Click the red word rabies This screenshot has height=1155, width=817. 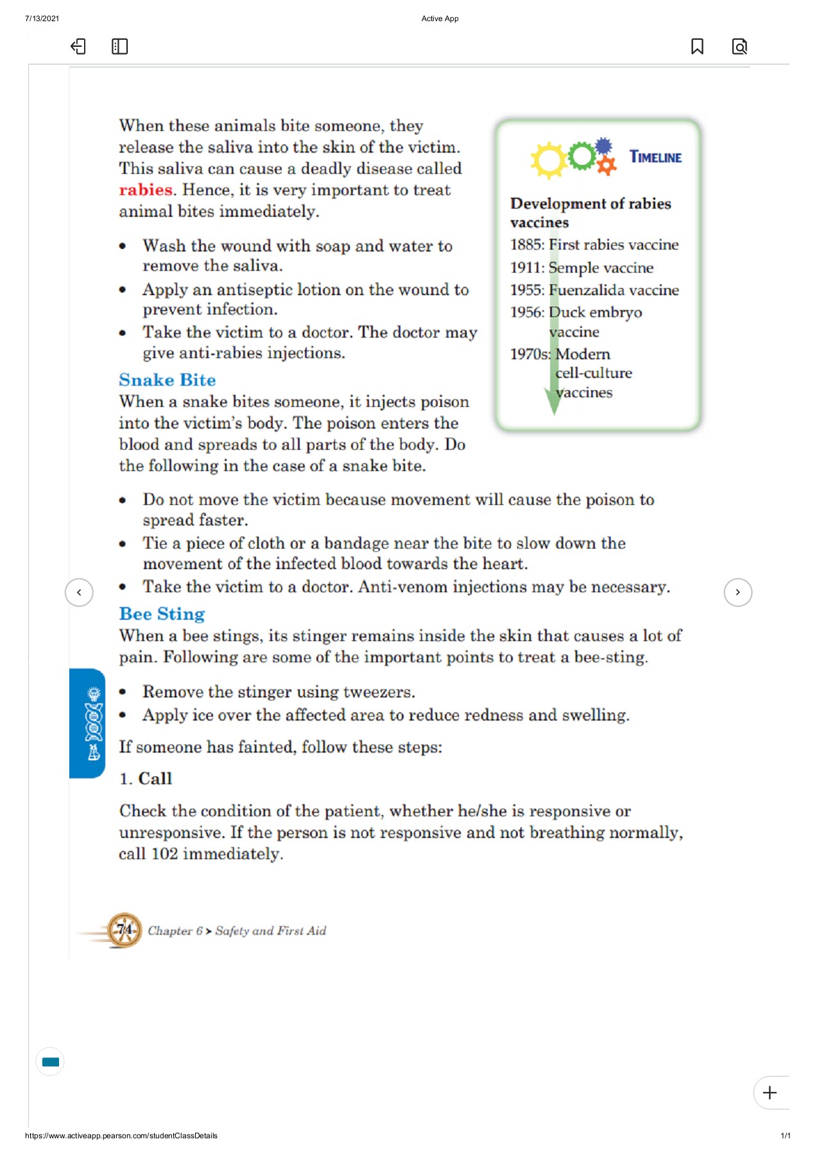pos(146,190)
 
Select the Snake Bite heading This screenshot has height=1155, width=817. pos(167,380)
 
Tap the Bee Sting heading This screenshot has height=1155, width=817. pos(162,614)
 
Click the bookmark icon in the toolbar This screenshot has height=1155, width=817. pos(697,47)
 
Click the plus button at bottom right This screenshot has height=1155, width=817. pos(770,1092)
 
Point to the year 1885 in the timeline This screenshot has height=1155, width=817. pos(526,245)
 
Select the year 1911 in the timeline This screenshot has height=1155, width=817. pos(526,268)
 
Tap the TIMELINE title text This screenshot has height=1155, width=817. pos(655,157)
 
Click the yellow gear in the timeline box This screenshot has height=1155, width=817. pos(549,160)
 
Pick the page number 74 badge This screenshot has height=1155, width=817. pos(125,930)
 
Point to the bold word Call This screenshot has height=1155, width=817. pos(155,778)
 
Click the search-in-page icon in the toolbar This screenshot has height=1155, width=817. pos(739,47)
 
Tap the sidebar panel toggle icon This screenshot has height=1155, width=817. pos(119,47)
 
